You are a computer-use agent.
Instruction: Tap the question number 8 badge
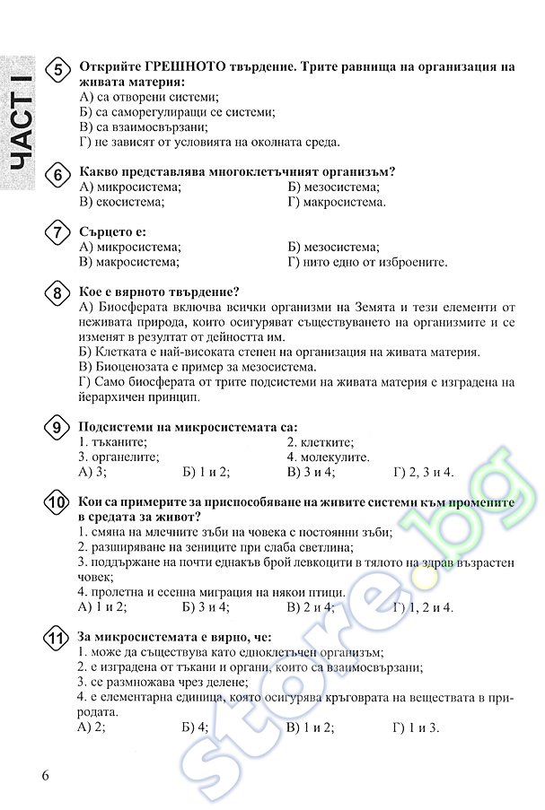click(x=57, y=294)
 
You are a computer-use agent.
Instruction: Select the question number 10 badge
click(x=57, y=504)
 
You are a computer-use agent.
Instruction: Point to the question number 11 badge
click(x=57, y=640)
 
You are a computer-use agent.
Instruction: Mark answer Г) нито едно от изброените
click(x=367, y=262)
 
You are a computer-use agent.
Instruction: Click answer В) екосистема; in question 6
click(x=122, y=202)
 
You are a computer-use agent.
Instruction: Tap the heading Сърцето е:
click(x=112, y=231)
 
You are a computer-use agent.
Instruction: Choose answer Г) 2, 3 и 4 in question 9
click(x=424, y=472)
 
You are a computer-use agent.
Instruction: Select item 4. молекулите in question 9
click(x=328, y=457)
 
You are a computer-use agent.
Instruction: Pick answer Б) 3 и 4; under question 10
click(x=206, y=607)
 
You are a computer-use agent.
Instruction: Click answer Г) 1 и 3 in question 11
click(x=416, y=727)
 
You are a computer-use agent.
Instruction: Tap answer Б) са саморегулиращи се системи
click(x=177, y=112)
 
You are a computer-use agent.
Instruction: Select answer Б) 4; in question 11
click(x=195, y=727)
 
